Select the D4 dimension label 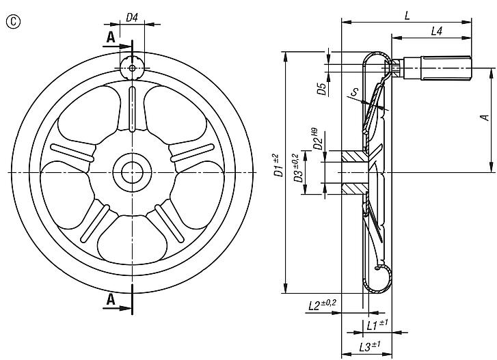(133, 18)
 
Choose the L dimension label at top (407, 14)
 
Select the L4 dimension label (438, 31)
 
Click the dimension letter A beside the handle (485, 117)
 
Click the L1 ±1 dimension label (377, 324)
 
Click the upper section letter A (111, 38)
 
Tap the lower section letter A (111, 300)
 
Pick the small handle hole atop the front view (132, 66)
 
